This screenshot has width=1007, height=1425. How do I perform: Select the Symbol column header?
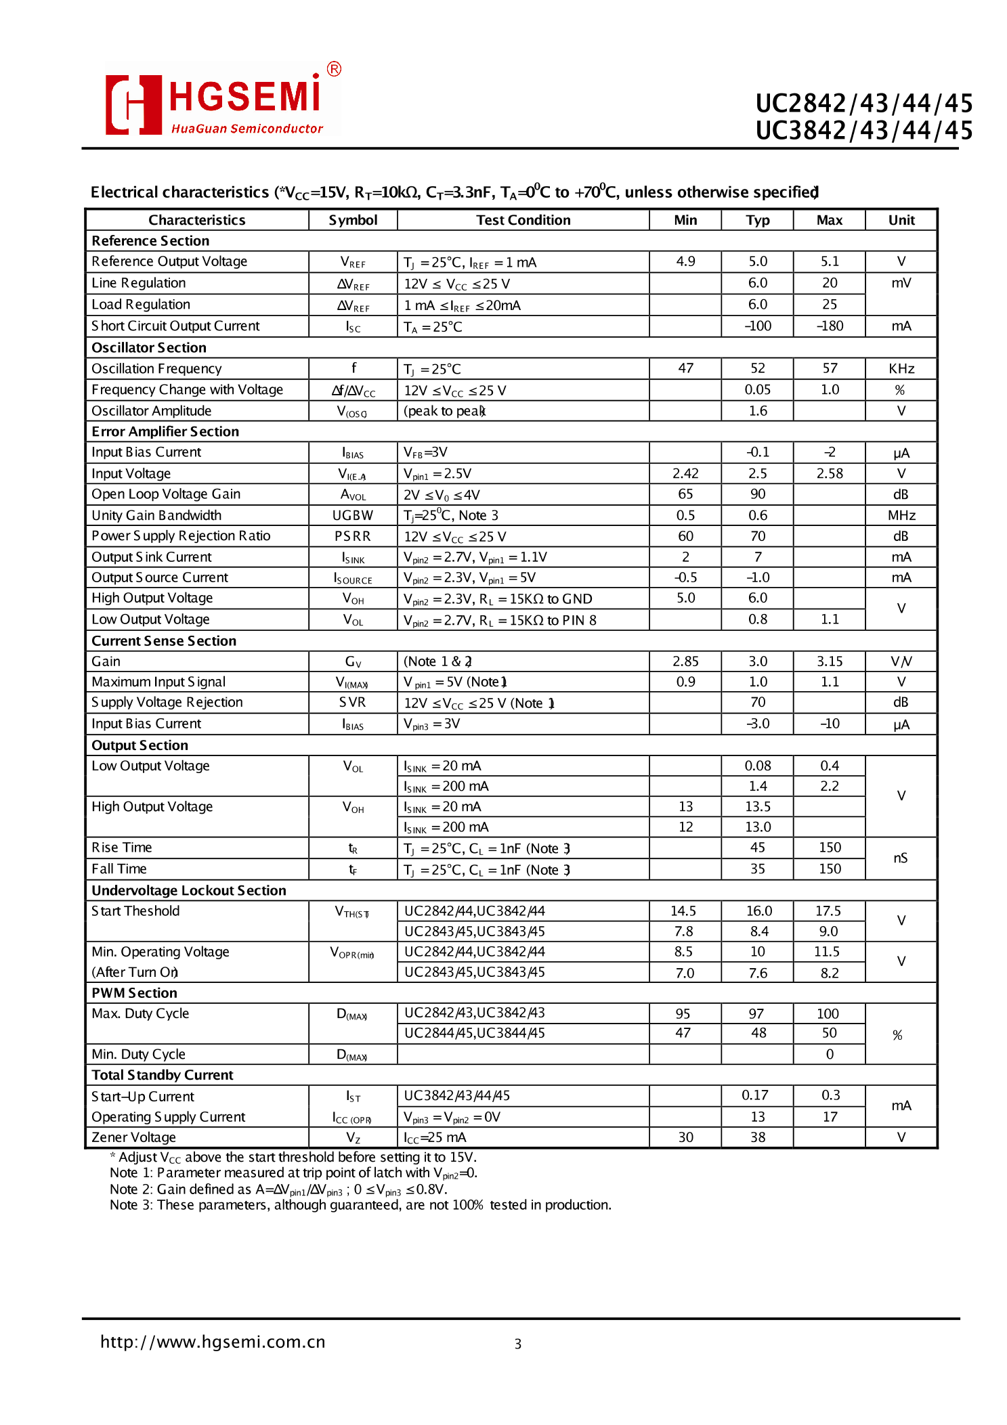353,220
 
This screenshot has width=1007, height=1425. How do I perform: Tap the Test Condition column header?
523,220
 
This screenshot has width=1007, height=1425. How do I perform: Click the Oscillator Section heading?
149,347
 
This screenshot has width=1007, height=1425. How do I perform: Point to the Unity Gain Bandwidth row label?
156,515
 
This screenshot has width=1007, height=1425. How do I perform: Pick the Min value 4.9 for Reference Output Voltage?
685,261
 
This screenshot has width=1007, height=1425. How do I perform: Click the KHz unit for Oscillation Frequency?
901,368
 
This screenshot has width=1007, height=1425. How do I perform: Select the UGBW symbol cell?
353,515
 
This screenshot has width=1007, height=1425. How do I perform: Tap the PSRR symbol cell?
353,536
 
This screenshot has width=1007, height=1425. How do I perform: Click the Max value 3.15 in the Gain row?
830,661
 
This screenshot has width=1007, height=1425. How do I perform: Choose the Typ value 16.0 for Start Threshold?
758,911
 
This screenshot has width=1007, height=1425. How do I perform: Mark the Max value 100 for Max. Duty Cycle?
828,1013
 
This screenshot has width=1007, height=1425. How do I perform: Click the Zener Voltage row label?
134,1137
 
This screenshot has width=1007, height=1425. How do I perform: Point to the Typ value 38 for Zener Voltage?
758,1137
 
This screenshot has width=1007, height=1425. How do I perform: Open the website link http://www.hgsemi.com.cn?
213,1342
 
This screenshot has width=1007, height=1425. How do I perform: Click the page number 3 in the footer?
518,1344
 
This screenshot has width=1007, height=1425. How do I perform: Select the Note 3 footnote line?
360,1205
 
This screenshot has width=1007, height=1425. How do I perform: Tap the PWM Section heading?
134,993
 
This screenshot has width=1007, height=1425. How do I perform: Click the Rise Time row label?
122,848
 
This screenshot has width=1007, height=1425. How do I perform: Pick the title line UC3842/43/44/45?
864,130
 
